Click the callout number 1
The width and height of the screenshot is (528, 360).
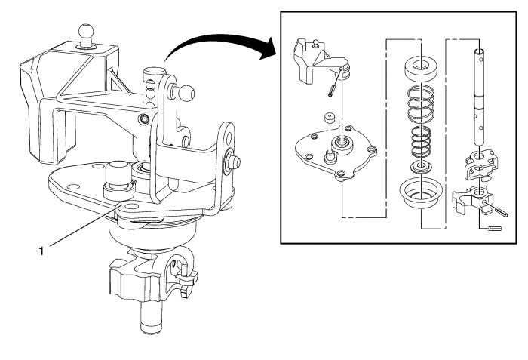click(x=41, y=251)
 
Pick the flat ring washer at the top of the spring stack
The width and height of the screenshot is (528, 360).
click(x=421, y=69)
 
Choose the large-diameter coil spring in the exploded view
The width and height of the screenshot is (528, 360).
click(x=421, y=104)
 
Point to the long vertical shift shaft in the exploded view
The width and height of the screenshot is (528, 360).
click(x=480, y=97)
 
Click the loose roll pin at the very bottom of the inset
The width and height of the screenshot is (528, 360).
click(x=495, y=229)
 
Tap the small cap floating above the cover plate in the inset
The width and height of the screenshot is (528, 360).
click(x=329, y=119)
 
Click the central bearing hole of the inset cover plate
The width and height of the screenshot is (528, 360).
click(x=342, y=144)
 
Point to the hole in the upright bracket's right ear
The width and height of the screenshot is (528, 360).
click(x=229, y=137)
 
